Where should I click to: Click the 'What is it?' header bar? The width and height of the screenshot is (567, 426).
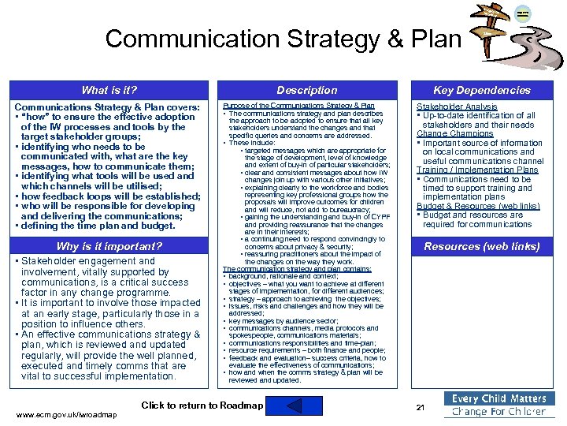pyautogui.click(x=109, y=90)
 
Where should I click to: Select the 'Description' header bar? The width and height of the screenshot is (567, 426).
pyautogui.click(x=307, y=90)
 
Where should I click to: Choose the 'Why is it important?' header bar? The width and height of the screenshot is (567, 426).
pyautogui.click(x=109, y=246)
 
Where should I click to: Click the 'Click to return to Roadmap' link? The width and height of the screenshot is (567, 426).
pyautogui.click(x=202, y=405)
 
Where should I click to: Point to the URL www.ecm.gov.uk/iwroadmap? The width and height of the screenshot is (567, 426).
pyautogui.click(x=66, y=415)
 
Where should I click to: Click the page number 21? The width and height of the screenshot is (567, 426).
pyautogui.click(x=420, y=407)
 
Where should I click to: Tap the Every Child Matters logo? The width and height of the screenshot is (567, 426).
pyautogui.click(x=498, y=405)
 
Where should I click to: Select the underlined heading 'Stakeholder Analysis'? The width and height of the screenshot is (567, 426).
pyautogui.click(x=457, y=106)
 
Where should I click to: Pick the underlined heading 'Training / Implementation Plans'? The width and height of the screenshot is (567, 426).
pyautogui.click(x=477, y=170)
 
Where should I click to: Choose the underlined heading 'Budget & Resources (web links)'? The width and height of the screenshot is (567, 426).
pyautogui.click(x=478, y=206)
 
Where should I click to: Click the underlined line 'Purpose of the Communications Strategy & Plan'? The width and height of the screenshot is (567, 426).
pyautogui.click(x=299, y=105)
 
